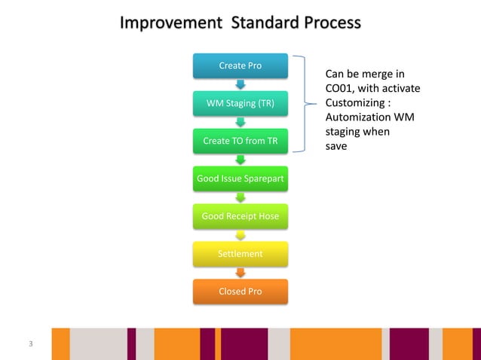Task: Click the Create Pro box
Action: click(240, 66)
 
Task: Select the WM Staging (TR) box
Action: click(240, 103)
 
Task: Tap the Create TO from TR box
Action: click(240, 141)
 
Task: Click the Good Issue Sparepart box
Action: click(240, 178)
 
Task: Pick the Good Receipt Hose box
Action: click(240, 216)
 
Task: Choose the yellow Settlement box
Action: click(240, 254)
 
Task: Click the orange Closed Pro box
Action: click(240, 291)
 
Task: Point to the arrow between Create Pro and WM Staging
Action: click(240, 84)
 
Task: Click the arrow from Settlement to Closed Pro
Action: click(240, 273)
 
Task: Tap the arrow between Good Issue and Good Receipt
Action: click(240, 197)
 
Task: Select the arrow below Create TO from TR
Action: click(240, 160)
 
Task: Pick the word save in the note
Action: click(335, 146)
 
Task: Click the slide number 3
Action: click(30, 344)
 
